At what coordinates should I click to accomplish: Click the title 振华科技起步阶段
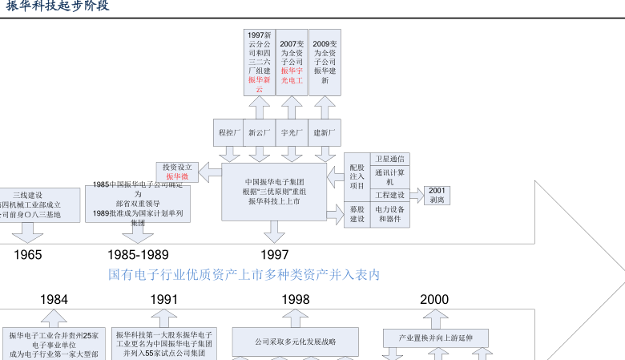tap(57, 6)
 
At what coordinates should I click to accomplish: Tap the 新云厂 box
tap(260, 132)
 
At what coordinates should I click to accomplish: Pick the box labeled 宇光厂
tap(291, 132)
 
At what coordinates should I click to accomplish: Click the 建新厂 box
tap(325, 132)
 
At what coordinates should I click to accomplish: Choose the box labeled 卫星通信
tap(390, 158)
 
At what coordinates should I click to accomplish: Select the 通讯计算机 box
tap(390, 176)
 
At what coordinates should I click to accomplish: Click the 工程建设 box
tap(390, 195)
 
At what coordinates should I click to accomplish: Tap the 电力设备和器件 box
tap(390, 214)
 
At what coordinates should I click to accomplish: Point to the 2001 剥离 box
tap(437, 195)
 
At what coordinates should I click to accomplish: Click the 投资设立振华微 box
tap(177, 172)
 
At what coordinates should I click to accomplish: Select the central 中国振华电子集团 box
tap(274, 192)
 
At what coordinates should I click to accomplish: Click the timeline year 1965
tap(28, 255)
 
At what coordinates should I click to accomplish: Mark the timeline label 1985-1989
tap(138, 255)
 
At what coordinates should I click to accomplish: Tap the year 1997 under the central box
tap(274, 255)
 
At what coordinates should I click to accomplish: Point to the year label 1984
tap(54, 300)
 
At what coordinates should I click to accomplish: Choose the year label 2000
tap(434, 300)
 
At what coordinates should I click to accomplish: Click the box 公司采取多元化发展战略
tap(296, 342)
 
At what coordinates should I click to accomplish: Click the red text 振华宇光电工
tap(292, 75)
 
